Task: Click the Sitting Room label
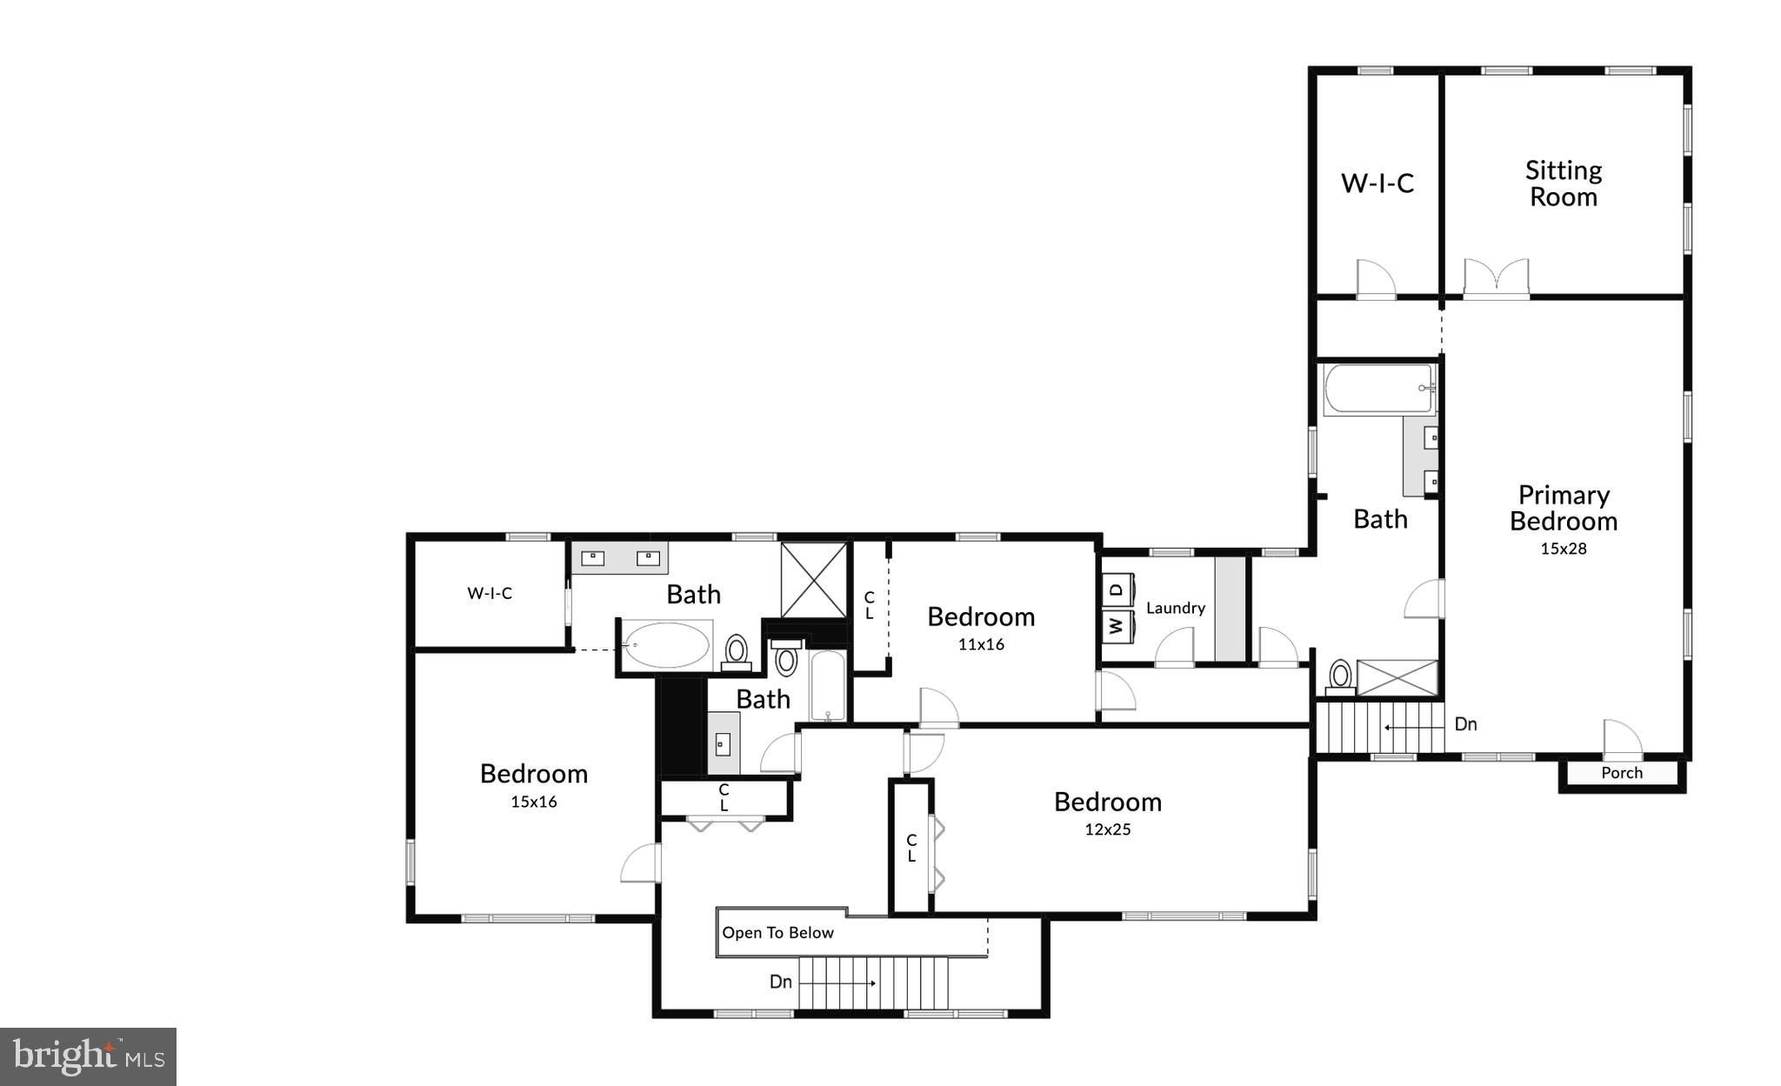point(1563,183)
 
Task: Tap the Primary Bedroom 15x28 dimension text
point(1564,549)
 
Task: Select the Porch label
point(1622,773)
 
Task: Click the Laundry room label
point(1176,608)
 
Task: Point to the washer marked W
point(1117,625)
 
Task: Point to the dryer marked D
point(1117,590)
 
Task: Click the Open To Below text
point(777,933)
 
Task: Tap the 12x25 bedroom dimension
point(1108,829)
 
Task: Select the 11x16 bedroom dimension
point(981,644)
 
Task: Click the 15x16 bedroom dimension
point(534,802)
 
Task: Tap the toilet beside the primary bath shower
point(1340,676)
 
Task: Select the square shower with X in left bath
point(813,580)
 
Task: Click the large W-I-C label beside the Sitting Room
point(1377,183)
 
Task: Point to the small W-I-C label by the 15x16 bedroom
point(490,593)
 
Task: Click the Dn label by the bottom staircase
point(781,982)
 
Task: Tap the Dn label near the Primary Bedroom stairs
point(1465,724)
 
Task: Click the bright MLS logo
point(89,1056)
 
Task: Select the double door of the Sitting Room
point(1496,278)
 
